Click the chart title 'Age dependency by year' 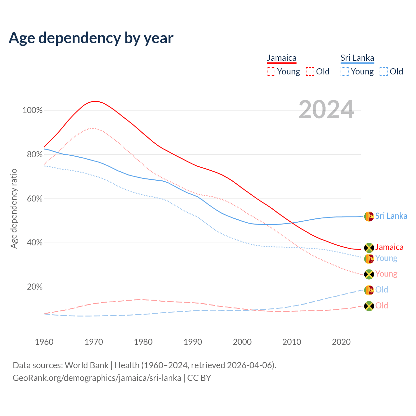point(91,38)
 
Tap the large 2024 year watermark point(326,110)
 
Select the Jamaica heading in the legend point(281,58)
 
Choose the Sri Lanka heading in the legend point(357,58)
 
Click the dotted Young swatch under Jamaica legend point(271,71)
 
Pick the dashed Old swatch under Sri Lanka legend point(383,71)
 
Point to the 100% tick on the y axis point(32,110)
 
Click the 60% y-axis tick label point(34,199)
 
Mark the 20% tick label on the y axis point(34,287)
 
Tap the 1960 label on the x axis point(44,342)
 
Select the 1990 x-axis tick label point(193,342)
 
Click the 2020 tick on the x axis point(341,342)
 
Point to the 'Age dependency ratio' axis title point(14,208)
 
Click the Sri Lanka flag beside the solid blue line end point(369,216)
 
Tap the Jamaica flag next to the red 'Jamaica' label point(369,248)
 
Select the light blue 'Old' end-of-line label point(382,290)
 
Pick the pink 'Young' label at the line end point(386,274)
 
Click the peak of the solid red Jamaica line point(94,101)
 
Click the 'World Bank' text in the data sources point(86,365)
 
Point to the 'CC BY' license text point(199,378)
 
